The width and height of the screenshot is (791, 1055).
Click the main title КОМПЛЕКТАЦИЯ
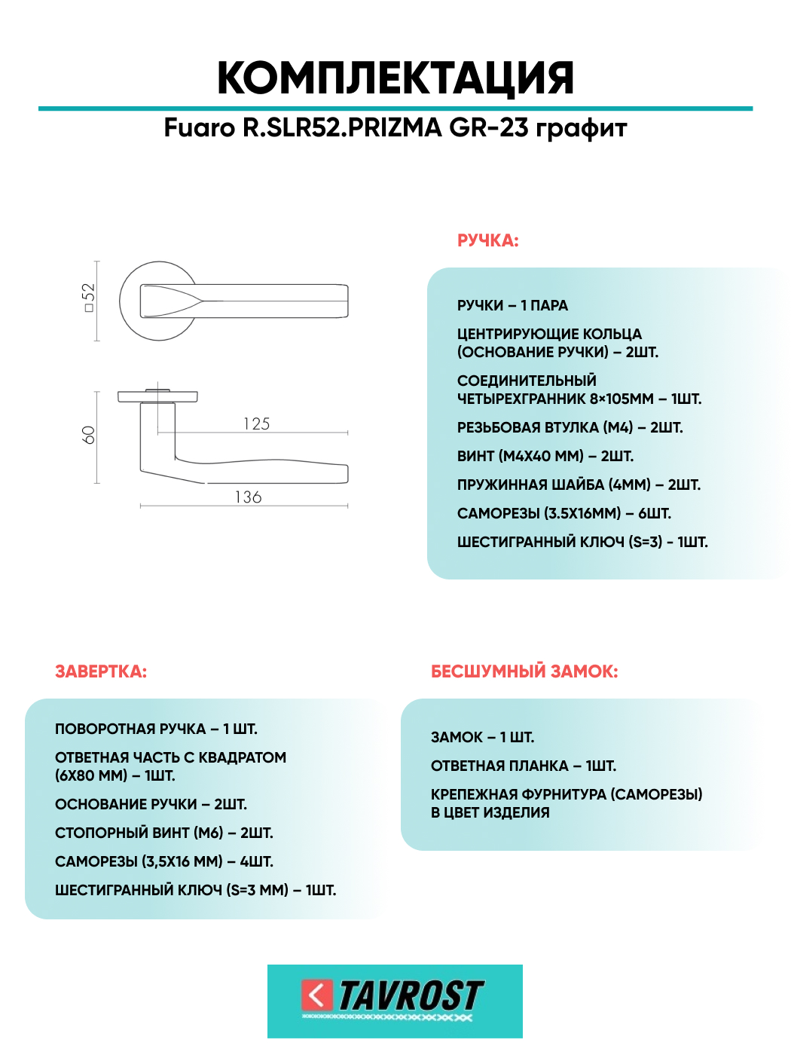click(x=395, y=78)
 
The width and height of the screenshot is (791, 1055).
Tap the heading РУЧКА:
click(x=488, y=241)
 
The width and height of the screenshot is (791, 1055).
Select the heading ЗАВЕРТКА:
click(x=101, y=671)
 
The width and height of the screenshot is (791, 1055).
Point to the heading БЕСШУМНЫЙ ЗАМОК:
click(x=524, y=671)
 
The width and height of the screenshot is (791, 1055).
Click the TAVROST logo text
click(x=411, y=995)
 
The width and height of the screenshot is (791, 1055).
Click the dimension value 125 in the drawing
click(x=257, y=424)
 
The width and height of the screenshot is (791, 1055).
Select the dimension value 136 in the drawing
click(x=249, y=497)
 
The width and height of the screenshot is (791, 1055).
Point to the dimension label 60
click(x=89, y=435)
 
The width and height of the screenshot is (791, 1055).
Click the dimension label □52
click(x=89, y=297)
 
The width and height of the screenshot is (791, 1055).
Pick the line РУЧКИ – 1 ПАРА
click(x=512, y=305)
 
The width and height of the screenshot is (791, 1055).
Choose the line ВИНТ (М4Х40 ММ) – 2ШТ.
click(x=545, y=456)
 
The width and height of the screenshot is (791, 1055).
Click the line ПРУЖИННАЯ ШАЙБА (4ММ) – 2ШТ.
click(x=579, y=485)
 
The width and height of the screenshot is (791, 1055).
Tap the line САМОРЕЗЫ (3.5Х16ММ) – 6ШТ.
click(x=564, y=513)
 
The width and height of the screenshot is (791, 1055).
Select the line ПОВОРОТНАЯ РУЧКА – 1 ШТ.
click(x=156, y=729)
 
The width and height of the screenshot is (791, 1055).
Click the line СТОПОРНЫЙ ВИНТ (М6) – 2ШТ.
click(x=164, y=833)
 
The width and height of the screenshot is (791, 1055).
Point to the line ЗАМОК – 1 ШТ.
click(x=482, y=737)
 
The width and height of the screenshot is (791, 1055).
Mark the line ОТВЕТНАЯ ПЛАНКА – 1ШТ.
click(x=524, y=766)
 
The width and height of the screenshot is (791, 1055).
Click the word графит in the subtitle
click(x=581, y=128)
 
